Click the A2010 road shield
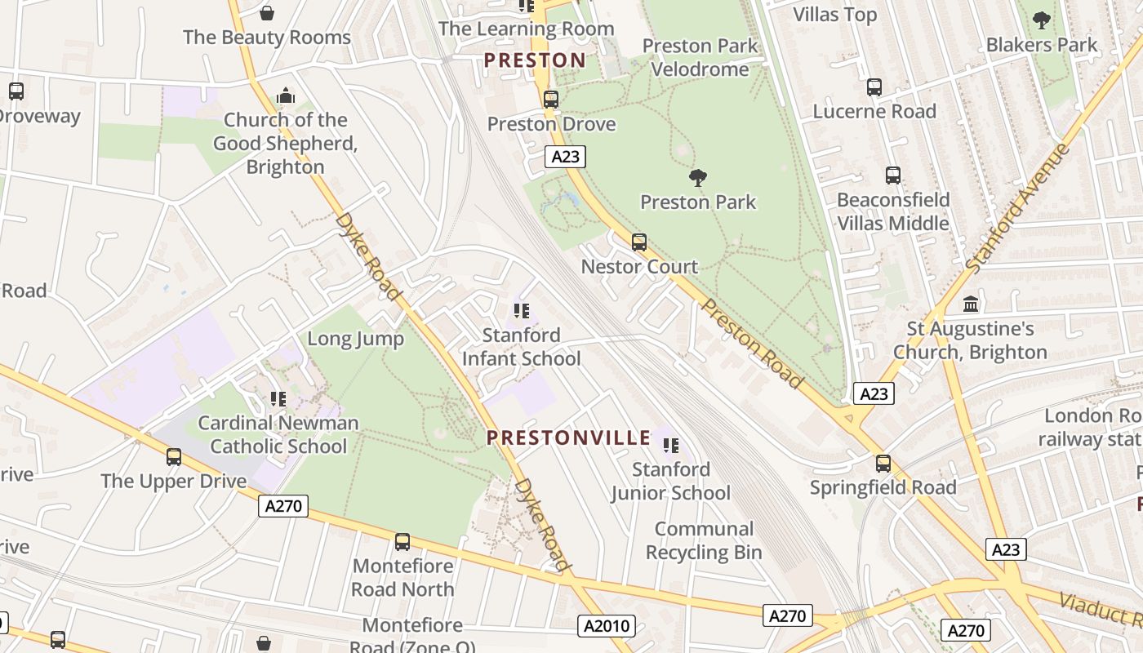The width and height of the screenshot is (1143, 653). point(607,626)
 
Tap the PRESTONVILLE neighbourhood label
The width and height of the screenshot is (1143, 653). point(568,438)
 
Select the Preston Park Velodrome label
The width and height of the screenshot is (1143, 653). point(700,57)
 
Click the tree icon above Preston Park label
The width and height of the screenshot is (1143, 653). point(697,177)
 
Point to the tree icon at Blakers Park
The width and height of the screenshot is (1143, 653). point(1041,20)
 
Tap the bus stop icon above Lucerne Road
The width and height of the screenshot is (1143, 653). point(874,87)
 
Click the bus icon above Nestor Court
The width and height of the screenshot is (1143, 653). point(639,242)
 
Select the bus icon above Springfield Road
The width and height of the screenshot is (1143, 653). point(883,463)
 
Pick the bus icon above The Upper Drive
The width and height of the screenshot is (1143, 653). point(174,456)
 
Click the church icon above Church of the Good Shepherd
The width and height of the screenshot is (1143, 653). point(285,96)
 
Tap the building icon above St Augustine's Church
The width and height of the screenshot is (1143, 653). point(971,304)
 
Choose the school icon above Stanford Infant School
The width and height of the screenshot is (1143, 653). point(521,310)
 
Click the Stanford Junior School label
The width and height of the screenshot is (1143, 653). point(671,481)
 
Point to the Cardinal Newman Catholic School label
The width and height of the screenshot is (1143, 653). point(278,434)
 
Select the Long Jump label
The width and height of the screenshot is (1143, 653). point(355,339)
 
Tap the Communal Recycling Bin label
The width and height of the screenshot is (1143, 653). point(704,540)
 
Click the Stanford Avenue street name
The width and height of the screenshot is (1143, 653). point(1016,208)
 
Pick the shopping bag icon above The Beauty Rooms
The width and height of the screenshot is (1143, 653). point(266,13)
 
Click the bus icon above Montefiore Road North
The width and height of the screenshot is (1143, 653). point(402,541)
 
